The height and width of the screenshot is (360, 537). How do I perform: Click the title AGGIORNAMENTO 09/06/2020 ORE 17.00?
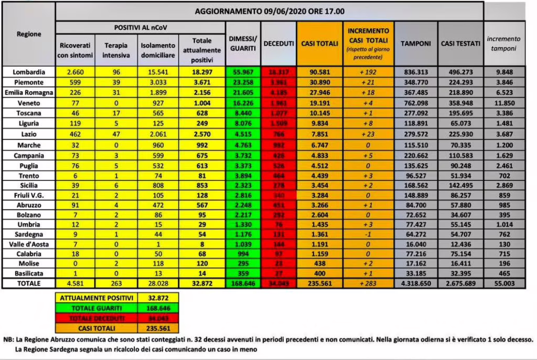(x=270, y=10)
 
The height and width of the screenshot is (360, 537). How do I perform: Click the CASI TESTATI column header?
(x=460, y=44)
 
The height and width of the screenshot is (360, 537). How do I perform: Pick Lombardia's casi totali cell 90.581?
(x=319, y=72)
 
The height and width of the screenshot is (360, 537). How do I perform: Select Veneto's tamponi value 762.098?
(x=415, y=102)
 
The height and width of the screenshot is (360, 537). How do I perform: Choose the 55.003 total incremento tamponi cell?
(x=504, y=283)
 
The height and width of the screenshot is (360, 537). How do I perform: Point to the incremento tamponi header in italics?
(x=504, y=44)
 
